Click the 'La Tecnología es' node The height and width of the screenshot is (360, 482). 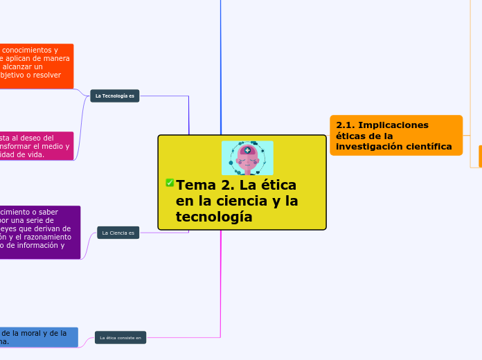[x=115, y=96]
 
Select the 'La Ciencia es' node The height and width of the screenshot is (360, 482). [x=118, y=233]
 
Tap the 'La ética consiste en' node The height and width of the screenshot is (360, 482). [x=120, y=338]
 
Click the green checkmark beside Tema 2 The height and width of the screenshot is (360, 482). [x=170, y=183]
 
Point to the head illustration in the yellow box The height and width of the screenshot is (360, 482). [x=247, y=159]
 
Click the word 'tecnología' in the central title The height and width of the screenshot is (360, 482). [x=214, y=217]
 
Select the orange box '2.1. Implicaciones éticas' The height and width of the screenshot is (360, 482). [x=396, y=136]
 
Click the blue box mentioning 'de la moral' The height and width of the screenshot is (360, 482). [x=39, y=337]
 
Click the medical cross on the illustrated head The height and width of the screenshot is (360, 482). [x=247, y=150]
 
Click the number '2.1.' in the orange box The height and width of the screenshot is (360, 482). [x=346, y=125]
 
